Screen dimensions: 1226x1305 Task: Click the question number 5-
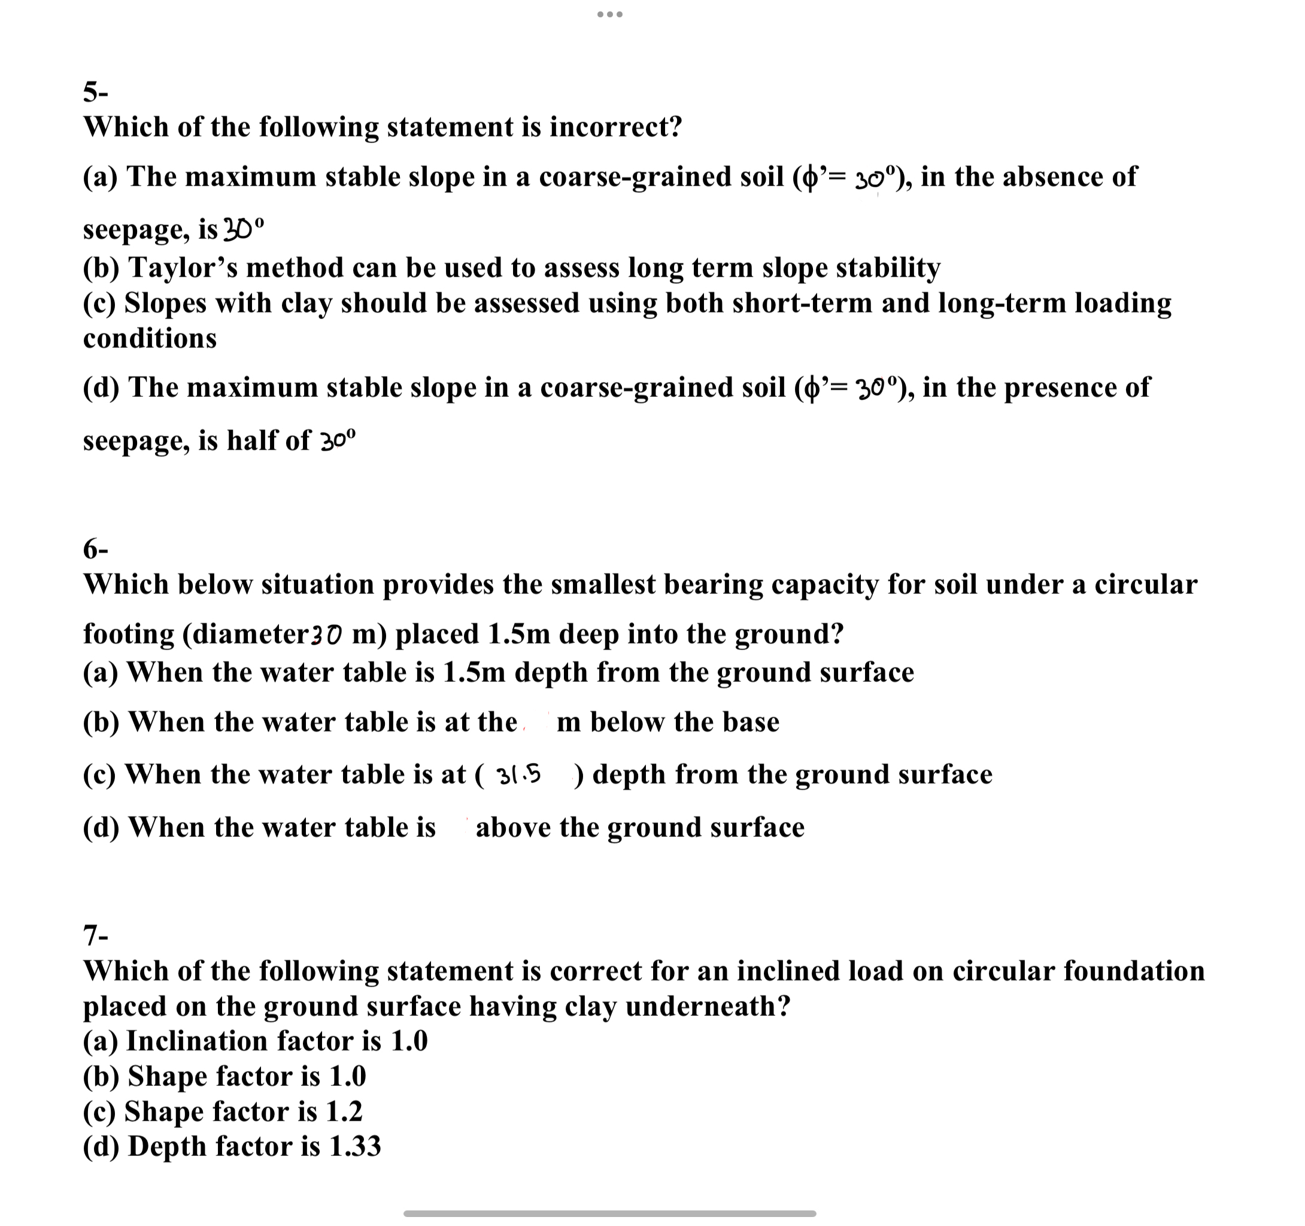pos(95,93)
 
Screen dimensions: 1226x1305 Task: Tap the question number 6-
pos(95,549)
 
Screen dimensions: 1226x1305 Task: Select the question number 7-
pos(95,934)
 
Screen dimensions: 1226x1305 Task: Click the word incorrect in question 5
pos(615,127)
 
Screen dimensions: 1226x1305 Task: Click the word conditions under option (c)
pos(150,339)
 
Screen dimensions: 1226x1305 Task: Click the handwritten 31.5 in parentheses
pos(519,775)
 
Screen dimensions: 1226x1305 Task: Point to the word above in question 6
pos(512,828)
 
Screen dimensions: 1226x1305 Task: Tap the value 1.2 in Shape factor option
pos(344,1111)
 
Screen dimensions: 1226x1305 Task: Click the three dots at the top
pos(610,14)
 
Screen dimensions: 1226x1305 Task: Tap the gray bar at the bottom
pos(610,1213)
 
